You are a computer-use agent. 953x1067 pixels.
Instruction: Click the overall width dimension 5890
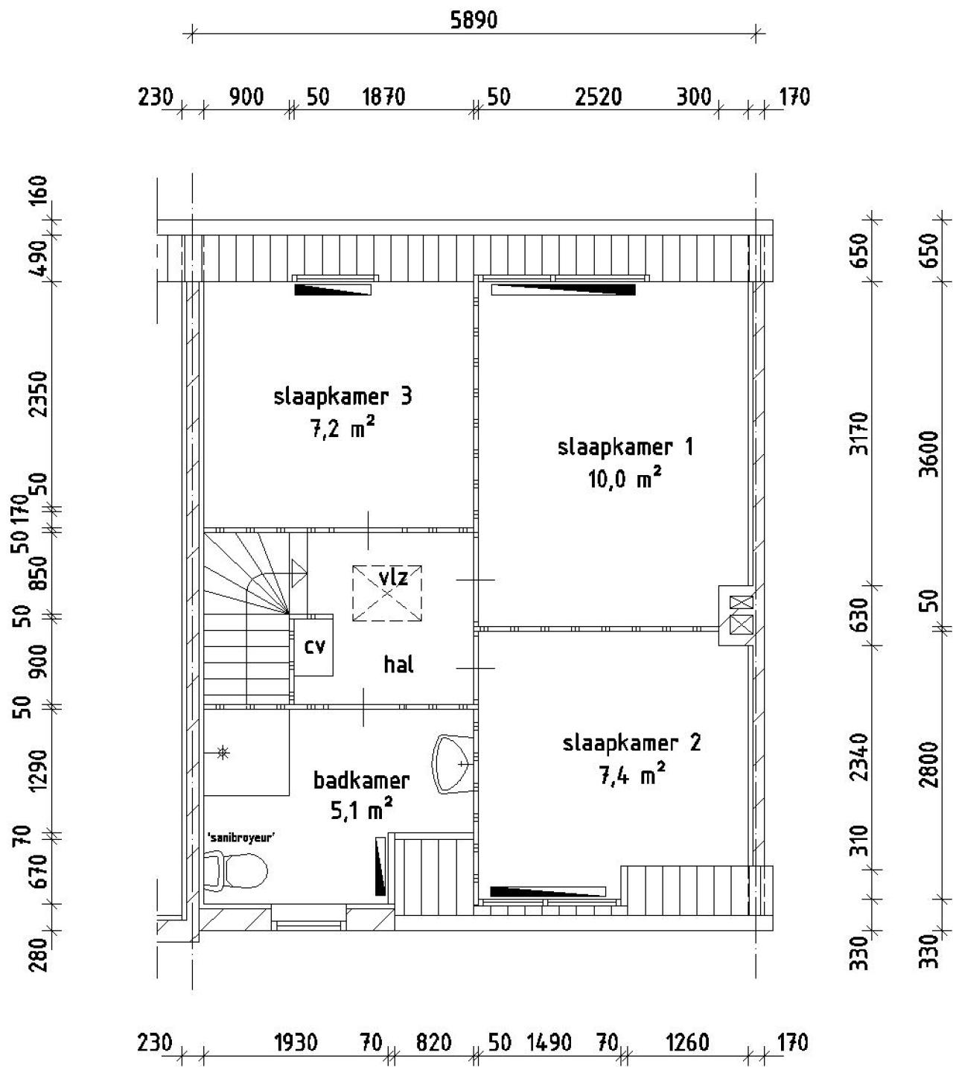click(x=474, y=20)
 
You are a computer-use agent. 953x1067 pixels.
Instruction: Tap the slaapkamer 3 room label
click(x=342, y=397)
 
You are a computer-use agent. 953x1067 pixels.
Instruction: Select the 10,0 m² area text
click(x=625, y=479)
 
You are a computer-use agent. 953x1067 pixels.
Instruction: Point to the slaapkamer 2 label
click(x=631, y=742)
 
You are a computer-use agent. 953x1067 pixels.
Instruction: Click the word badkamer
click(x=361, y=780)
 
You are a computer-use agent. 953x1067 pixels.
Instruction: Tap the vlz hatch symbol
click(x=387, y=593)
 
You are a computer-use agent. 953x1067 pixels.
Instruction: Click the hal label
click(x=398, y=665)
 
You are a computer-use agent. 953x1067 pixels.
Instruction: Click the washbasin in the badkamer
click(x=453, y=764)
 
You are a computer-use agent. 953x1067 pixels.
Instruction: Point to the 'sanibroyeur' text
click(x=242, y=838)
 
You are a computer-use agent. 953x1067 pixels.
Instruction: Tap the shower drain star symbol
click(x=223, y=753)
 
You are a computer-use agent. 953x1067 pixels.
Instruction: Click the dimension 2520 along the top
click(x=598, y=98)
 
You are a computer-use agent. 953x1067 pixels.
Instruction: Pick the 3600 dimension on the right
click(x=930, y=454)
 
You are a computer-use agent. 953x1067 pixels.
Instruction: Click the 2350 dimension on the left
click(x=39, y=393)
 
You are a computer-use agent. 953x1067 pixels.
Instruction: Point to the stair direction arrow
click(x=299, y=573)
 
